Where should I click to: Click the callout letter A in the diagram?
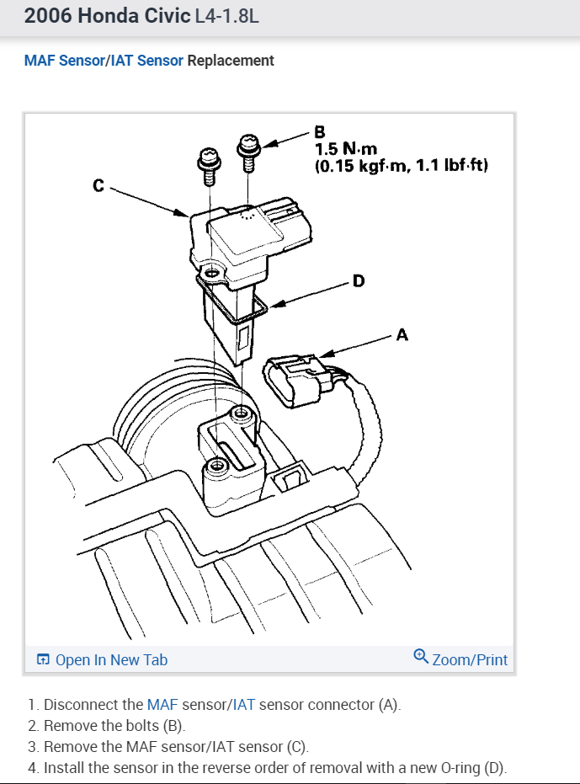(402, 335)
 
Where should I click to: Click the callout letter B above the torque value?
(319, 132)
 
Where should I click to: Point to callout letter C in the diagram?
(98, 185)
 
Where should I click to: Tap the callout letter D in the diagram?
(359, 280)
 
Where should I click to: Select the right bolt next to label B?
(248, 150)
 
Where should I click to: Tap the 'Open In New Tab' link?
(111, 660)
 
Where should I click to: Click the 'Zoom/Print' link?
(470, 659)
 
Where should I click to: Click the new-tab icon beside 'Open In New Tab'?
(43, 660)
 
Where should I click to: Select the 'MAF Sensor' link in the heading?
(64, 61)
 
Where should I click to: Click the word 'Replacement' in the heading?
(231, 61)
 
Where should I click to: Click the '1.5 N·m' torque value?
(340, 149)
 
